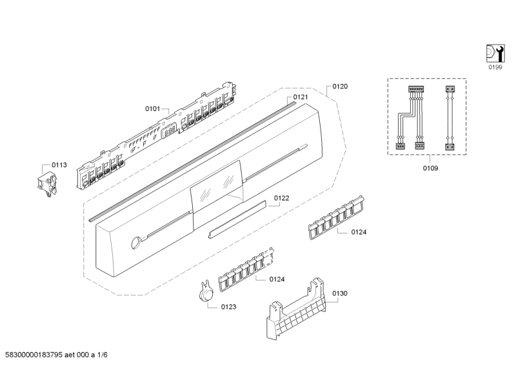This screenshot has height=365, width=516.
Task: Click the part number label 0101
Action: pos(152,109)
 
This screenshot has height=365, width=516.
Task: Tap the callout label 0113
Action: pos(59,165)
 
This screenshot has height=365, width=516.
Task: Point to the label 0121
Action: pos(301,97)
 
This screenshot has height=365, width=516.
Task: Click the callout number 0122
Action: pos(281,198)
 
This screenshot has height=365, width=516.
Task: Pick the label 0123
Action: pos(228,307)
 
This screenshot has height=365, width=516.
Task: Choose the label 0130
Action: pos(340,293)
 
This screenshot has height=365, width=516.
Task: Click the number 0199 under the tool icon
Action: pos(494,66)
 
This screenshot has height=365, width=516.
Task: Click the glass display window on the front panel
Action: pos(217,188)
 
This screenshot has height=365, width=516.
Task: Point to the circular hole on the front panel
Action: pos(135,243)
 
